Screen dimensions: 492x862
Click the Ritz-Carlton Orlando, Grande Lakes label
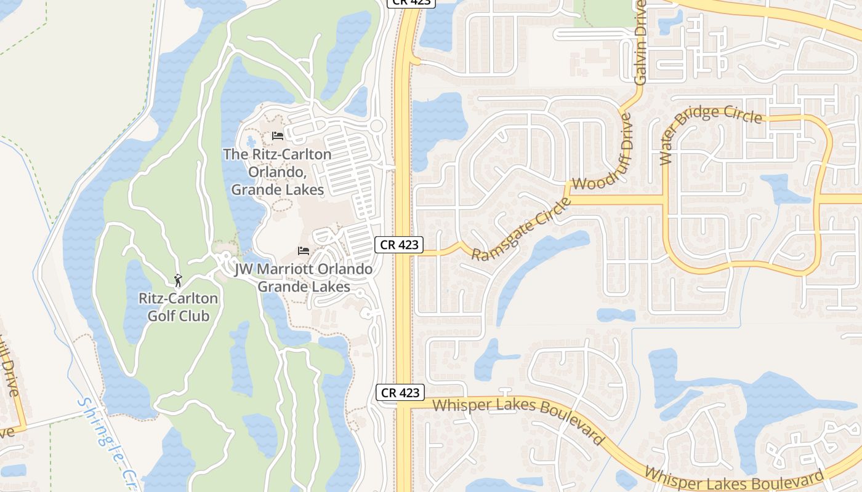coord(277,172)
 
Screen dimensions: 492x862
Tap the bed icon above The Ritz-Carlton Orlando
coord(278,135)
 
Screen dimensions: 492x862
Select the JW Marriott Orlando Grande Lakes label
coord(304,278)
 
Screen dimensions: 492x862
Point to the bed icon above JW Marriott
coord(303,251)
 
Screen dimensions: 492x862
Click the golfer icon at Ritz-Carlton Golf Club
coord(178,280)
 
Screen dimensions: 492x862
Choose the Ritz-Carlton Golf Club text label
coord(178,307)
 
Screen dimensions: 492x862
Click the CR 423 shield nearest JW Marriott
coord(399,245)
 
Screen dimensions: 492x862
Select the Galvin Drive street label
coord(641,42)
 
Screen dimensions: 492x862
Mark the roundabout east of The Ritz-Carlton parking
coord(377,127)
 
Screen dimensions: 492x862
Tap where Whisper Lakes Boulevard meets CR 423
coord(403,405)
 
